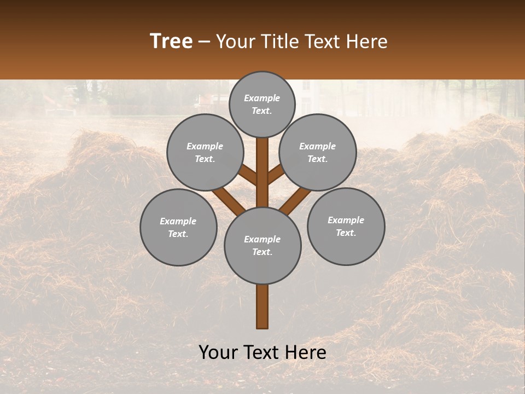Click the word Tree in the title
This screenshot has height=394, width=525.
point(171,42)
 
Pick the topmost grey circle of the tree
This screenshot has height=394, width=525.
point(262,104)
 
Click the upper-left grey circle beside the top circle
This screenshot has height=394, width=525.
point(205,152)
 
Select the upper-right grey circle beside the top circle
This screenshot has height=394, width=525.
point(318,152)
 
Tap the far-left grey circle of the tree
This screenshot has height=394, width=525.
point(178,227)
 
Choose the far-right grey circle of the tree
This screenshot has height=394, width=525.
point(346,226)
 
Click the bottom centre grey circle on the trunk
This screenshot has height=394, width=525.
point(262,245)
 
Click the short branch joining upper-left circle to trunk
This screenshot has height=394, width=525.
point(248,176)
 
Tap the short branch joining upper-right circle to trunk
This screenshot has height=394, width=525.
point(277,175)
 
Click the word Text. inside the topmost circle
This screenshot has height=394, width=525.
point(262,111)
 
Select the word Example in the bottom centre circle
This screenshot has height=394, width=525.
point(262,239)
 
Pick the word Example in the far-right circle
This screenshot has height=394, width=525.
point(346,220)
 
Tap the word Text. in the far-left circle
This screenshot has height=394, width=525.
point(178,234)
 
